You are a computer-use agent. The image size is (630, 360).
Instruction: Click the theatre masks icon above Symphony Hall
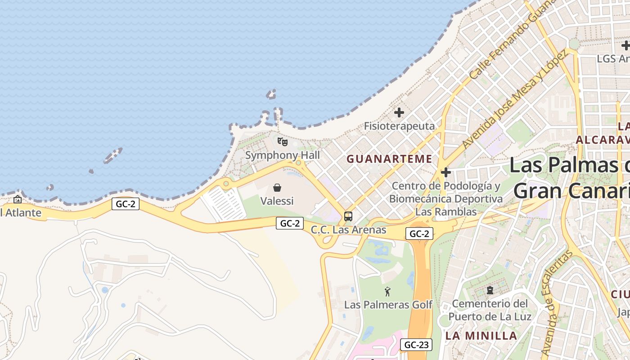(x=282, y=142)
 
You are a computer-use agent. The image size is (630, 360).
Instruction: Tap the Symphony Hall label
(x=282, y=155)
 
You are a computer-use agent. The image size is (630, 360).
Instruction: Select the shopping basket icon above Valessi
(x=277, y=188)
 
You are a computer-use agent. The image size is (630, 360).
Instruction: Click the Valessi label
(x=277, y=201)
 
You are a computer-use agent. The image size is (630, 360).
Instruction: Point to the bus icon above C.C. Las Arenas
(x=348, y=216)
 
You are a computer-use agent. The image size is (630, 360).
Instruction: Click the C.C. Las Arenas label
(x=348, y=229)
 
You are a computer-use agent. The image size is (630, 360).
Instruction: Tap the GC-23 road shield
(x=416, y=345)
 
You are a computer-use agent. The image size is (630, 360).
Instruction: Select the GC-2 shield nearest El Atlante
(x=126, y=204)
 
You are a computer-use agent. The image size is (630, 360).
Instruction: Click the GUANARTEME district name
(x=389, y=159)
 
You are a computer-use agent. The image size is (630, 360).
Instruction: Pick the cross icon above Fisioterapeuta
(x=399, y=112)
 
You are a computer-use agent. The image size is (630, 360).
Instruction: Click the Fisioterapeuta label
(x=399, y=126)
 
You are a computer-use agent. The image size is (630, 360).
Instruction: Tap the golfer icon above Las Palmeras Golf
(x=387, y=292)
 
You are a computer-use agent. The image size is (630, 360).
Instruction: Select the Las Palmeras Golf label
(x=388, y=305)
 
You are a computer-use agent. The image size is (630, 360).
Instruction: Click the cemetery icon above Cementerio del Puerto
(x=490, y=290)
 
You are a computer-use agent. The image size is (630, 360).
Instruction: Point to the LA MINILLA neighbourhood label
(x=481, y=335)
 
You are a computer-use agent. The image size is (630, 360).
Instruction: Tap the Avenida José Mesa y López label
(x=514, y=100)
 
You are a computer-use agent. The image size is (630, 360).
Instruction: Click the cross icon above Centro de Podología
(x=446, y=172)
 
